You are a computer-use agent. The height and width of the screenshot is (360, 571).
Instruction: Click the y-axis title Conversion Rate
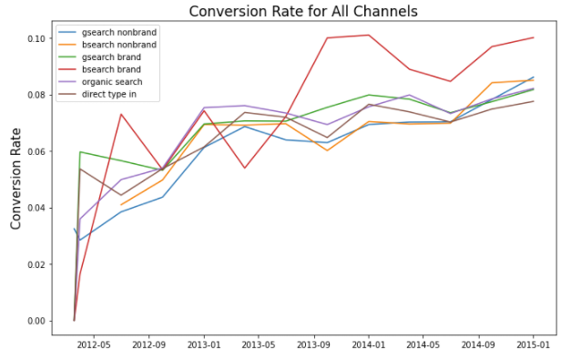point(15,178)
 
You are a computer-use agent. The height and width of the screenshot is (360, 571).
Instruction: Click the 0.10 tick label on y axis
point(34,38)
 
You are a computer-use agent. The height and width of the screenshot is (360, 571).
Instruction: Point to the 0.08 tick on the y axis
point(34,95)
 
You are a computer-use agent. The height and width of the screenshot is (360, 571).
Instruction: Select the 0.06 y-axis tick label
point(34,151)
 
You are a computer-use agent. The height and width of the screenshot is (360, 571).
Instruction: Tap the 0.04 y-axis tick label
point(34,208)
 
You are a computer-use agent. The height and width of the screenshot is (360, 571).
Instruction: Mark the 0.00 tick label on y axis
point(34,321)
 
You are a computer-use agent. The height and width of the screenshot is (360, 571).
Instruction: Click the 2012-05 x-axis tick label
point(94,346)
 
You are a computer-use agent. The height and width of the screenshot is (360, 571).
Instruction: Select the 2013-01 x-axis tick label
point(204,346)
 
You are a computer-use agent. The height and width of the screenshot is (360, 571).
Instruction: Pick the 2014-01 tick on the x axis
point(368,346)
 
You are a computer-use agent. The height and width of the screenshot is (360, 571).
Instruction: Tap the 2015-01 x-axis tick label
point(533,346)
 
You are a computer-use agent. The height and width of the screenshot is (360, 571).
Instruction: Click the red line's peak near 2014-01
point(368,36)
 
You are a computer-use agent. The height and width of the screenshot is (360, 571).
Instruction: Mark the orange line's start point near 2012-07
point(121,205)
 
